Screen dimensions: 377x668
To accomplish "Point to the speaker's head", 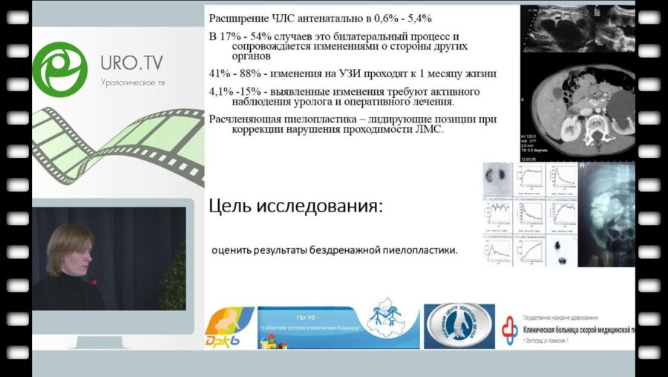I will point(68,249).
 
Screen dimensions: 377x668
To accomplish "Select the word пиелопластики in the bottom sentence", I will point(420,250).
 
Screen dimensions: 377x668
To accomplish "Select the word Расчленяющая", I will point(245,119).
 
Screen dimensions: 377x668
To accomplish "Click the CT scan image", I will point(577,111).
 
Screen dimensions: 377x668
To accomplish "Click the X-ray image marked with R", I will point(607,215).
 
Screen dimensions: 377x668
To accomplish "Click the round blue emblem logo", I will point(459,325).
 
